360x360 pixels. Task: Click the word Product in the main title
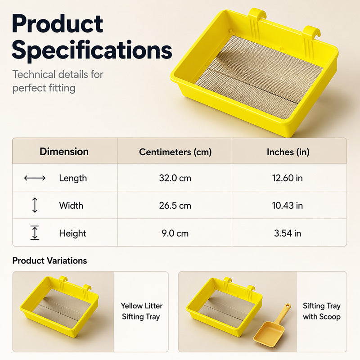(x=58, y=24)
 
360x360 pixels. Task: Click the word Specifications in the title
(x=92, y=50)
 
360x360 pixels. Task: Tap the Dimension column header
(x=64, y=152)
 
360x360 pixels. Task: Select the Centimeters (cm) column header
(x=175, y=152)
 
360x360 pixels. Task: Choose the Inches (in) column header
(x=288, y=152)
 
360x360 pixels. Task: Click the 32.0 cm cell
(x=175, y=178)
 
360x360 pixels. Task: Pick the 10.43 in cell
(x=288, y=206)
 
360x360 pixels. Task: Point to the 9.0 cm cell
(x=175, y=233)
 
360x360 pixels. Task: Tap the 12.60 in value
(x=288, y=178)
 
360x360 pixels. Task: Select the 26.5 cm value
(x=175, y=206)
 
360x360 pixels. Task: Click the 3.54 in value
(x=288, y=233)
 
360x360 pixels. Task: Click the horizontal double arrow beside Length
(x=35, y=178)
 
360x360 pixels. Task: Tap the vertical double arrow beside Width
(x=35, y=205)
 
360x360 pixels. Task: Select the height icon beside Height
(x=35, y=233)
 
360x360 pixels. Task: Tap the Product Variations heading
(x=49, y=261)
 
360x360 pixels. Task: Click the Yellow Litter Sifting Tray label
(x=141, y=311)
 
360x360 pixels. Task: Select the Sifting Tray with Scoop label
(x=322, y=311)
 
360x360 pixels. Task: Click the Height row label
(x=72, y=233)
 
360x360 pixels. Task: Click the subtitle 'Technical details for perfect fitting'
(x=58, y=81)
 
